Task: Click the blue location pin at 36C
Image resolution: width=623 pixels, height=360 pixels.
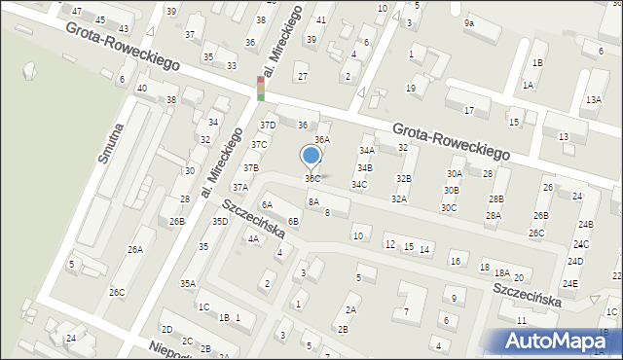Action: tap(311, 156)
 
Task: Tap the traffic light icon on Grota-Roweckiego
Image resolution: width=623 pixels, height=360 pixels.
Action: tap(261, 89)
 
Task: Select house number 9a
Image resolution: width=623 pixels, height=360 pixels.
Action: tap(469, 22)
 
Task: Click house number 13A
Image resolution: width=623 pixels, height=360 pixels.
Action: tap(594, 99)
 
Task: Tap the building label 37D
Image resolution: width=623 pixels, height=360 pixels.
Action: tap(268, 126)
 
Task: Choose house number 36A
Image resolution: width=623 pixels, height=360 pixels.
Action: tap(322, 140)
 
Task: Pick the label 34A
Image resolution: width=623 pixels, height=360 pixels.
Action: tap(366, 151)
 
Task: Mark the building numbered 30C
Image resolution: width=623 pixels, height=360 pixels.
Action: tap(449, 207)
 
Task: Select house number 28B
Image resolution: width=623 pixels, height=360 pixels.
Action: tap(496, 198)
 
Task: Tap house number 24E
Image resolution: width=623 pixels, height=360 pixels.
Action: tap(570, 283)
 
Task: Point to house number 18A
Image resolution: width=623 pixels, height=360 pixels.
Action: tap(502, 273)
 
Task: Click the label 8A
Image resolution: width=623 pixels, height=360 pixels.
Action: tap(313, 201)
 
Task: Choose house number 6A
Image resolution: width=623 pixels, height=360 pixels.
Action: tap(267, 204)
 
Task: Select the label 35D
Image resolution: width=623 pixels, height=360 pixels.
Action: tap(220, 222)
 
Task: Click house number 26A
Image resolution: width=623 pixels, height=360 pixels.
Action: tap(134, 249)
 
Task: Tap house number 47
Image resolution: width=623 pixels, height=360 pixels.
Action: tap(77, 10)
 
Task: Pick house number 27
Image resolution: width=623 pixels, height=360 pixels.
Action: tap(303, 77)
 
